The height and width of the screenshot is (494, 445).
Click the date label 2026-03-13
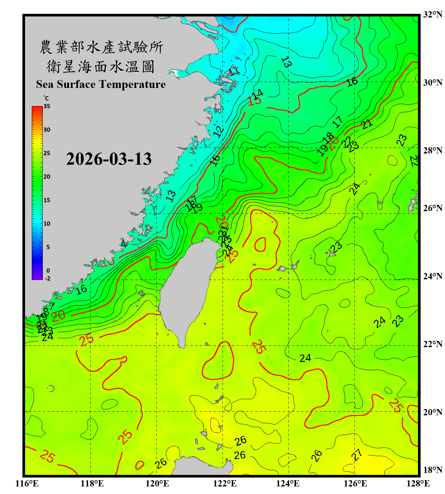coord(109,159)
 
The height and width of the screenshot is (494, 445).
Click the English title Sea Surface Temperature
coord(101,84)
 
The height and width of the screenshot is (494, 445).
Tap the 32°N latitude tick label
coord(432,14)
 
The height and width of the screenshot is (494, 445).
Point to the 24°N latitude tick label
coord(432,276)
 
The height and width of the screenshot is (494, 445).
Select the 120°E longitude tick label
coord(157,483)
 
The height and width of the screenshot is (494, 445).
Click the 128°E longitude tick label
coord(418,483)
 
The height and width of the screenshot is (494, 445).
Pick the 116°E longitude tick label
coord(27,483)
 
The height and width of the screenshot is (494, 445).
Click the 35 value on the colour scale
coord(47,106)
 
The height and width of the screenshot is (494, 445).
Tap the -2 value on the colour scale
coord(47,279)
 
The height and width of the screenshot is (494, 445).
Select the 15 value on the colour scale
coord(47,200)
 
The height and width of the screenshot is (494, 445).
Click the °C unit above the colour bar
coord(46,98)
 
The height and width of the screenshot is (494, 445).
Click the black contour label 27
coord(357,455)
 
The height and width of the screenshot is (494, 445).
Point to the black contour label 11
coord(234,71)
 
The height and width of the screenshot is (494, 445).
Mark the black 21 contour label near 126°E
coord(367,124)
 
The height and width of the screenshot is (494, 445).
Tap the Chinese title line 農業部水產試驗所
coord(101,47)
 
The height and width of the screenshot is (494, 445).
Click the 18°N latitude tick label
coord(432,470)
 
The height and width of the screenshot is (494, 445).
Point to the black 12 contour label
coord(218,131)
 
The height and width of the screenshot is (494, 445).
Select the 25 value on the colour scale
coord(47,153)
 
